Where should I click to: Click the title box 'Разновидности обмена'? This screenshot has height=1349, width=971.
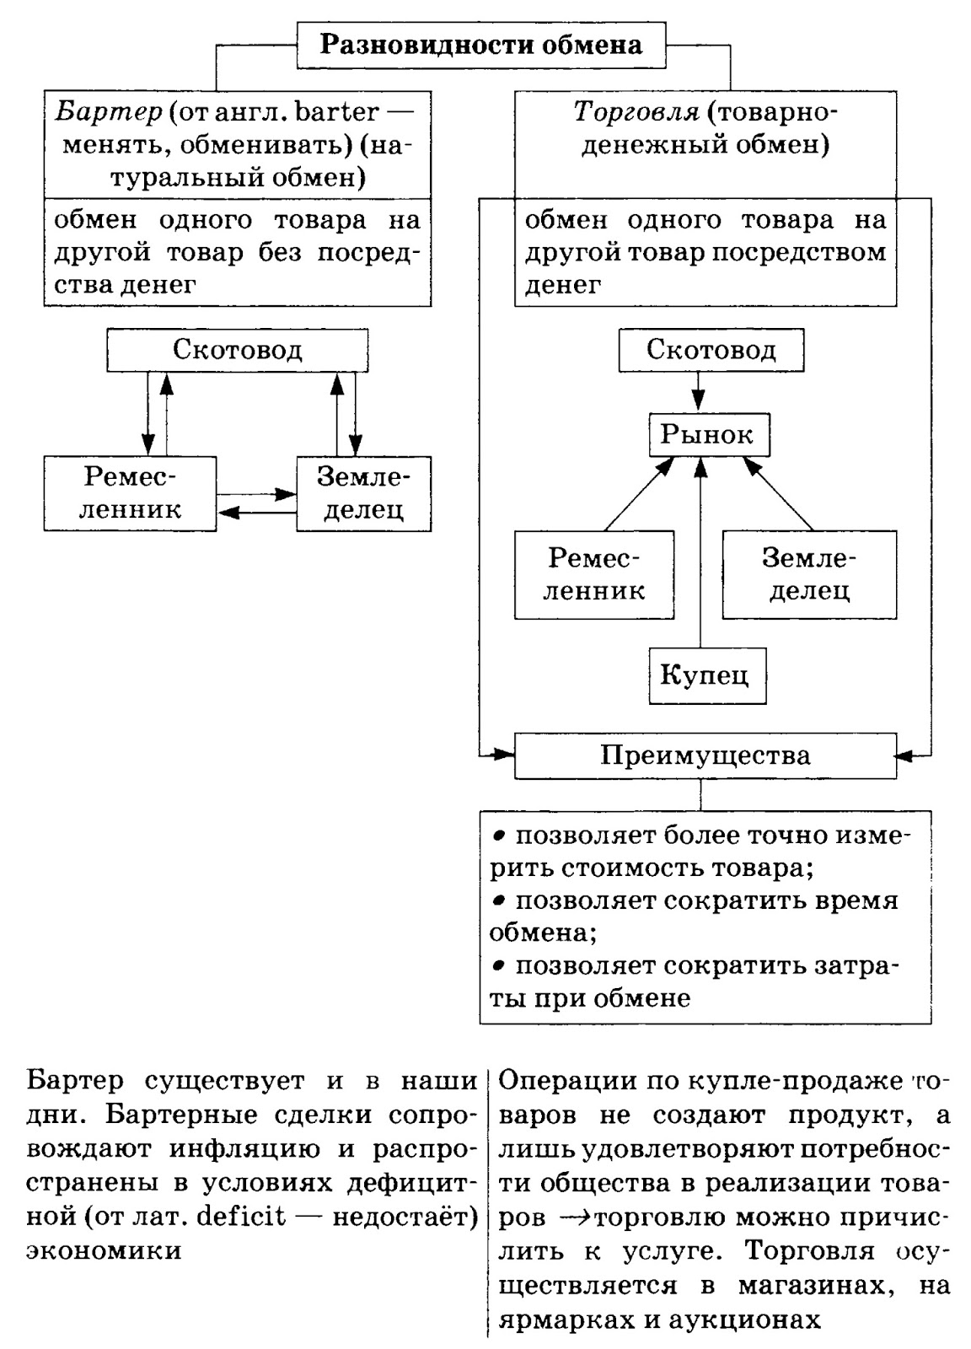pos(480,44)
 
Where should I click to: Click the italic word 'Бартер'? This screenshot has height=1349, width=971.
pos(107,111)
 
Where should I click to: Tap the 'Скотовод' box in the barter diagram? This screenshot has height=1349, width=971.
pos(237,350)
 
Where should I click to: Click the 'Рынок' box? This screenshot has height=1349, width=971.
pos(708,434)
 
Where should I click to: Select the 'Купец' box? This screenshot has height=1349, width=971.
pos(706,675)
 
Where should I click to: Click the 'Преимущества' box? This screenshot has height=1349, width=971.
pos(705,755)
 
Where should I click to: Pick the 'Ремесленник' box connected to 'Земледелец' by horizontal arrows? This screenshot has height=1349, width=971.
pos(131,494)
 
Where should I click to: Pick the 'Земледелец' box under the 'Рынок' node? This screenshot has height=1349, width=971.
pos(808,574)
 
